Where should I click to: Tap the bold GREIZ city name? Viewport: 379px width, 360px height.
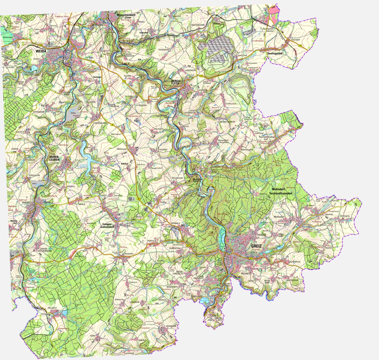tap(258, 246)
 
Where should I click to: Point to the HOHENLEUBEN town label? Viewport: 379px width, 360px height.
tap(54, 159)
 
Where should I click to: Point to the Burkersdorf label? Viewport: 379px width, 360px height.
tap(9, 37)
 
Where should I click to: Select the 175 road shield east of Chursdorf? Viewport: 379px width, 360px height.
tap(300, 46)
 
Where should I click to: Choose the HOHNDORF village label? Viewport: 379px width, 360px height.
tap(171, 326)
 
